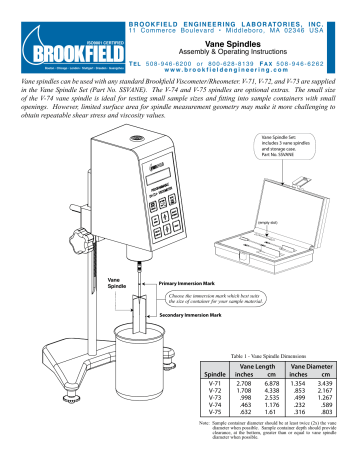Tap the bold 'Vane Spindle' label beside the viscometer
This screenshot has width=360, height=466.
click(x=118, y=284)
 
